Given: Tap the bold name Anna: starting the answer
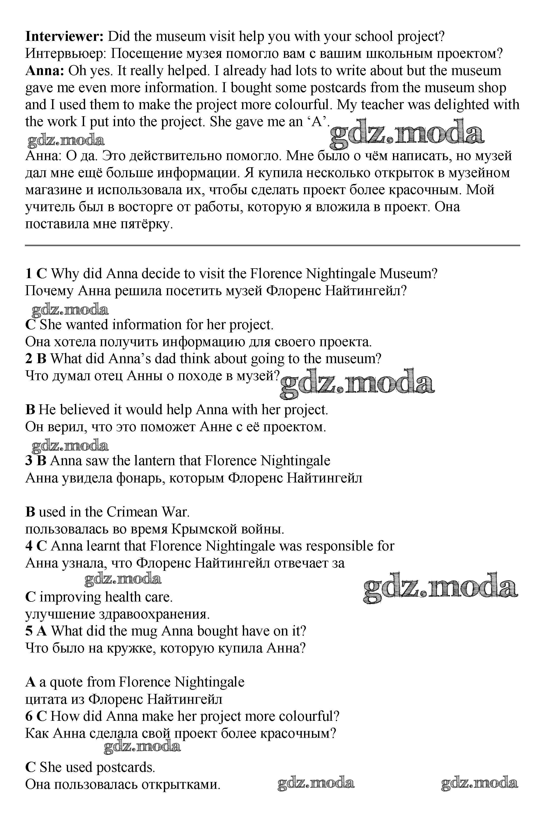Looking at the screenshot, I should click(x=44, y=71).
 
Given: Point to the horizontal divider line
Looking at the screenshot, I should click(x=272, y=245).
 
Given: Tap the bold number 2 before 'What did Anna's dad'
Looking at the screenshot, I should click(x=29, y=359).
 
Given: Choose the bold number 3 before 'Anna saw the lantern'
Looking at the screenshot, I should click(x=29, y=461).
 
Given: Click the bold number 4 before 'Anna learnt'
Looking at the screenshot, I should click(x=29, y=546).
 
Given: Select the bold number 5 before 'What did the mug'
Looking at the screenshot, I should click(x=29, y=631).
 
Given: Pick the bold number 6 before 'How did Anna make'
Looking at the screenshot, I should click(x=29, y=716).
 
